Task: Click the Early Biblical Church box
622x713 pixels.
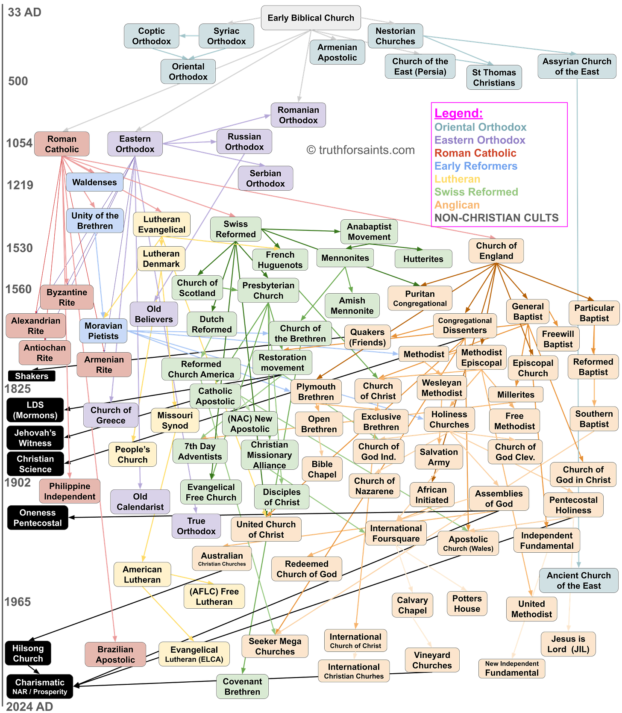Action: [x=311, y=18]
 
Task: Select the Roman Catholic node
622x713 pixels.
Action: [x=62, y=144]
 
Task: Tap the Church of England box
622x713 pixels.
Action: [x=496, y=251]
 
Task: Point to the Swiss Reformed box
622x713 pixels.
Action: [x=235, y=229]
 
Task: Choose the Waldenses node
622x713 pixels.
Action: [x=94, y=183]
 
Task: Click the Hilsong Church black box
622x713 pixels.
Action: [x=28, y=653]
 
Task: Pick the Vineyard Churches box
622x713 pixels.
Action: [x=432, y=660]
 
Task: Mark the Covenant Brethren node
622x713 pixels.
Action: [x=242, y=686]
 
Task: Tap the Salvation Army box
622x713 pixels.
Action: [x=439, y=457]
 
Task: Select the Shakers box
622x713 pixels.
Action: [x=32, y=376]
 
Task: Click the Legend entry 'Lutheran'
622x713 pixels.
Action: [x=457, y=179]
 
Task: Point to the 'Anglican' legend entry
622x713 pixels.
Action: [x=457, y=205]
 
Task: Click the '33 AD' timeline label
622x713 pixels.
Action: [x=25, y=12]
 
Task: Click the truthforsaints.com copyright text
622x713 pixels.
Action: [x=361, y=150]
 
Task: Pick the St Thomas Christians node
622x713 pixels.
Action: [x=494, y=78]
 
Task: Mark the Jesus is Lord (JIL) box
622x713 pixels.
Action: [x=568, y=644]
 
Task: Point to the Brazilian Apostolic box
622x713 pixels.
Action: [x=115, y=654]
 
